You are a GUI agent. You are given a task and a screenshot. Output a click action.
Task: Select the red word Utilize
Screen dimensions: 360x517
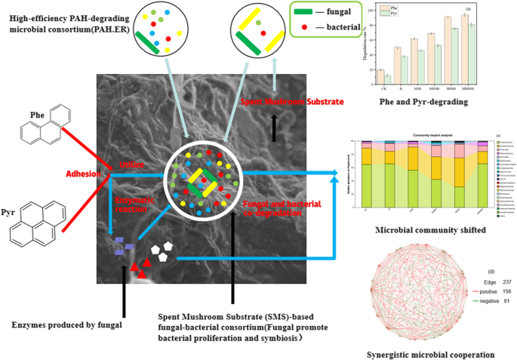[x=131, y=165]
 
